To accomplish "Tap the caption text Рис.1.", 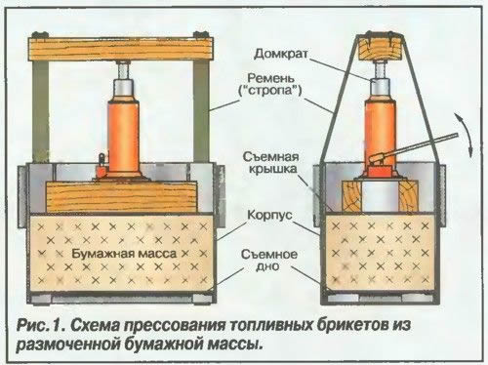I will tap(50, 326).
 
